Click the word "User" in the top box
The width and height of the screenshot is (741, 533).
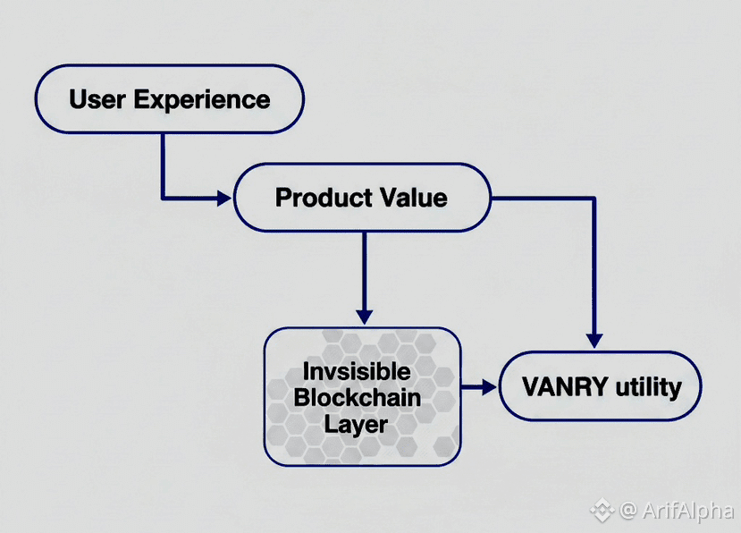97,98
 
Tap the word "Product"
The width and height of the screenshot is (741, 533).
317,197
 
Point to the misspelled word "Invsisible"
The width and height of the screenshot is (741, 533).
357,371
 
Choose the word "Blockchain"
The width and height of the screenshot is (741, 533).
357,397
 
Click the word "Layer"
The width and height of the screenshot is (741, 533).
357,423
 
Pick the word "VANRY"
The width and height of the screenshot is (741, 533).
553,387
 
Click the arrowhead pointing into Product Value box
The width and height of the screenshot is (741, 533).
223,198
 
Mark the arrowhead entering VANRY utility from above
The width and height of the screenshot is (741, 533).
594,341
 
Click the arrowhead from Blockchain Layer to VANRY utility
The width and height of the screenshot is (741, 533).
487,387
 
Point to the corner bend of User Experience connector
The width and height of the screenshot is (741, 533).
162,198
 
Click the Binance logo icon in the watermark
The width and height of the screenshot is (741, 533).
600,510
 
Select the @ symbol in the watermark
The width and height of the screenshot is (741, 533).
627,510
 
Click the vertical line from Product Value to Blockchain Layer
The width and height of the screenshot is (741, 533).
364,268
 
